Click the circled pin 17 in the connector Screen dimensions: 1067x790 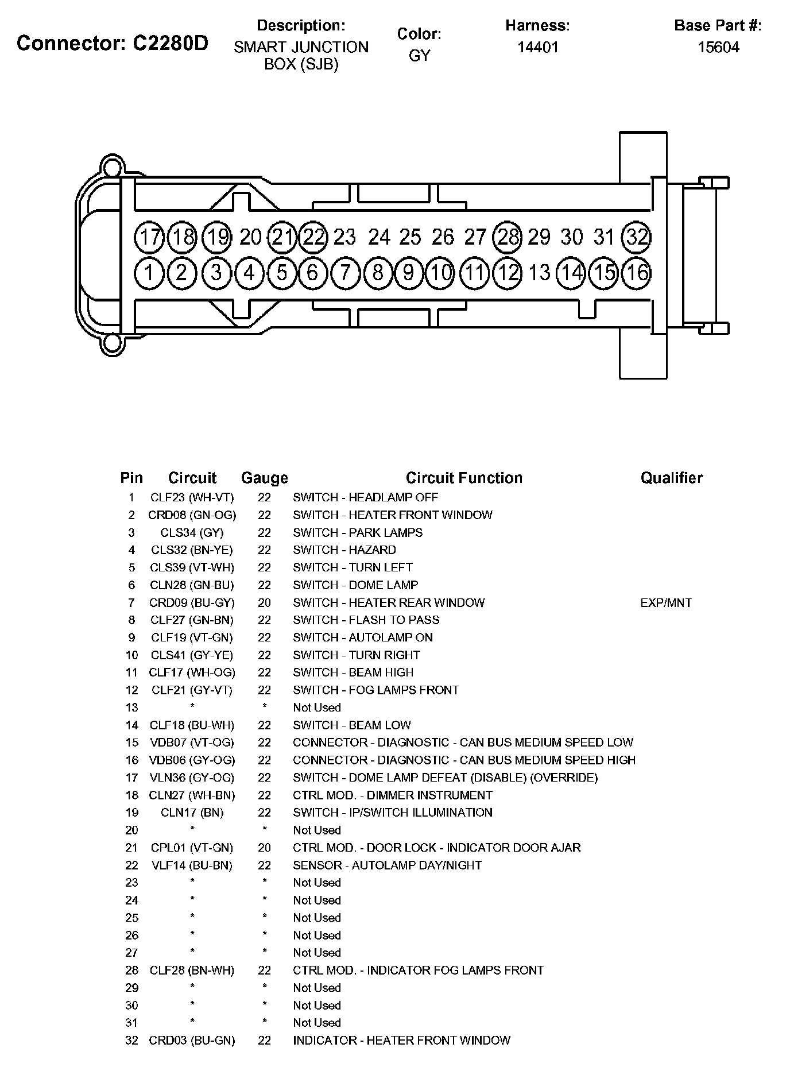[x=149, y=237]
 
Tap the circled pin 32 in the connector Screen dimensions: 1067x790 [x=636, y=237]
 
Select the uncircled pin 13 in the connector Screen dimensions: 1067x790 [x=539, y=273]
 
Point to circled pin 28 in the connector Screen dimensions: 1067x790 [x=508, y=237]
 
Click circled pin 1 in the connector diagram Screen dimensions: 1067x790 [x=149, y=273]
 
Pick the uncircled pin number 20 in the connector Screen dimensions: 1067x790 [x=250, y=237]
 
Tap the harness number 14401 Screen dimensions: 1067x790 [x=537, y=47]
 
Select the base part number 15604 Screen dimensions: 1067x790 [x=718, y=47]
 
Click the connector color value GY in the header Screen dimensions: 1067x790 [x=419, y=55]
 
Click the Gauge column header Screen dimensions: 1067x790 [x=264, y=478]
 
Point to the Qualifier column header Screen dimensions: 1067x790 [x=671, y=478]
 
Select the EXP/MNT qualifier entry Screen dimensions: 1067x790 [x=665, y=602]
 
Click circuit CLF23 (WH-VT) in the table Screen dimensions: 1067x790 [x=192, y=497]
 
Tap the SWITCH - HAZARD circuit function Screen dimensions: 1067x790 [x=344, y=550]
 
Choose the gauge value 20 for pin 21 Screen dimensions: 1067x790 [x=264, y=848]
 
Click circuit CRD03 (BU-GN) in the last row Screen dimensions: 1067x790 [x=192, y=1040]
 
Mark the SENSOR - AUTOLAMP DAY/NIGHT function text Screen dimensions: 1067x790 [x=387, y=865]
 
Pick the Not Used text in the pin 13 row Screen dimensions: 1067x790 [x=316, y=708]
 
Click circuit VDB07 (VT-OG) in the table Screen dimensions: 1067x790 [x=192, y=743]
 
